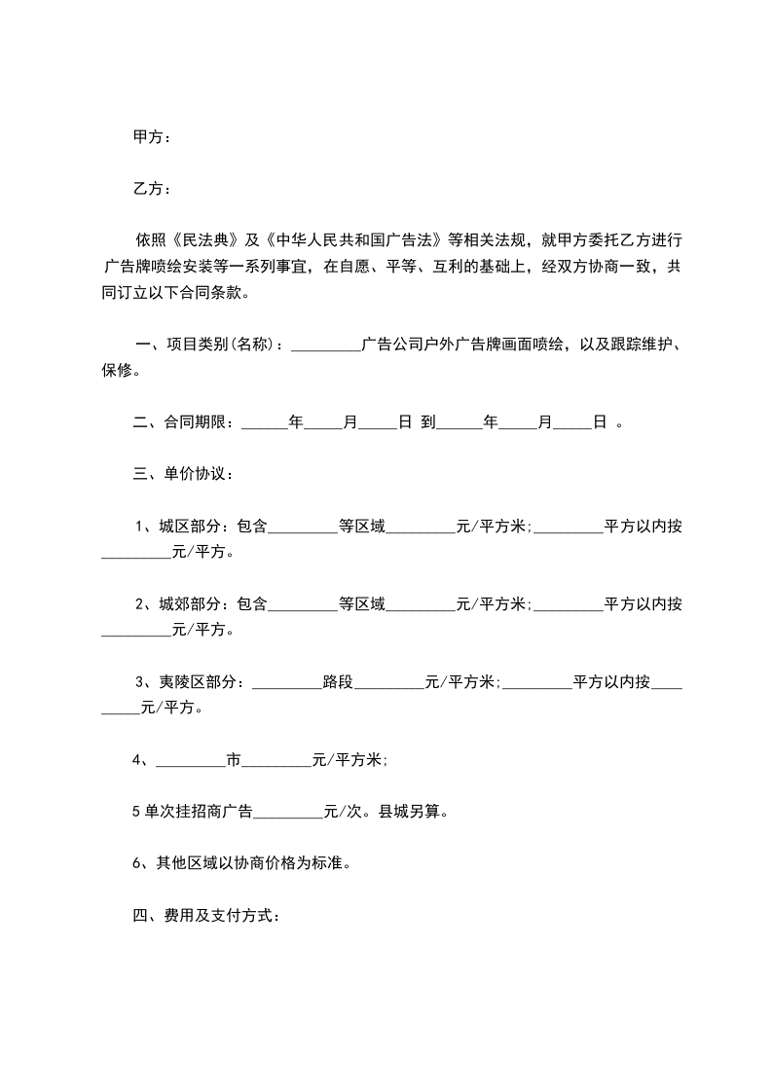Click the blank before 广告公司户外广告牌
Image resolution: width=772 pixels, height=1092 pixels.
coord(325,345)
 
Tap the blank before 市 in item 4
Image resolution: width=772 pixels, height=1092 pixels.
coord(191,760)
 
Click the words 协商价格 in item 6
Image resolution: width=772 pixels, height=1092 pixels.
coord(255,863)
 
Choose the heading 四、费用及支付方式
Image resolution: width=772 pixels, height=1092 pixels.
coord(206,916)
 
